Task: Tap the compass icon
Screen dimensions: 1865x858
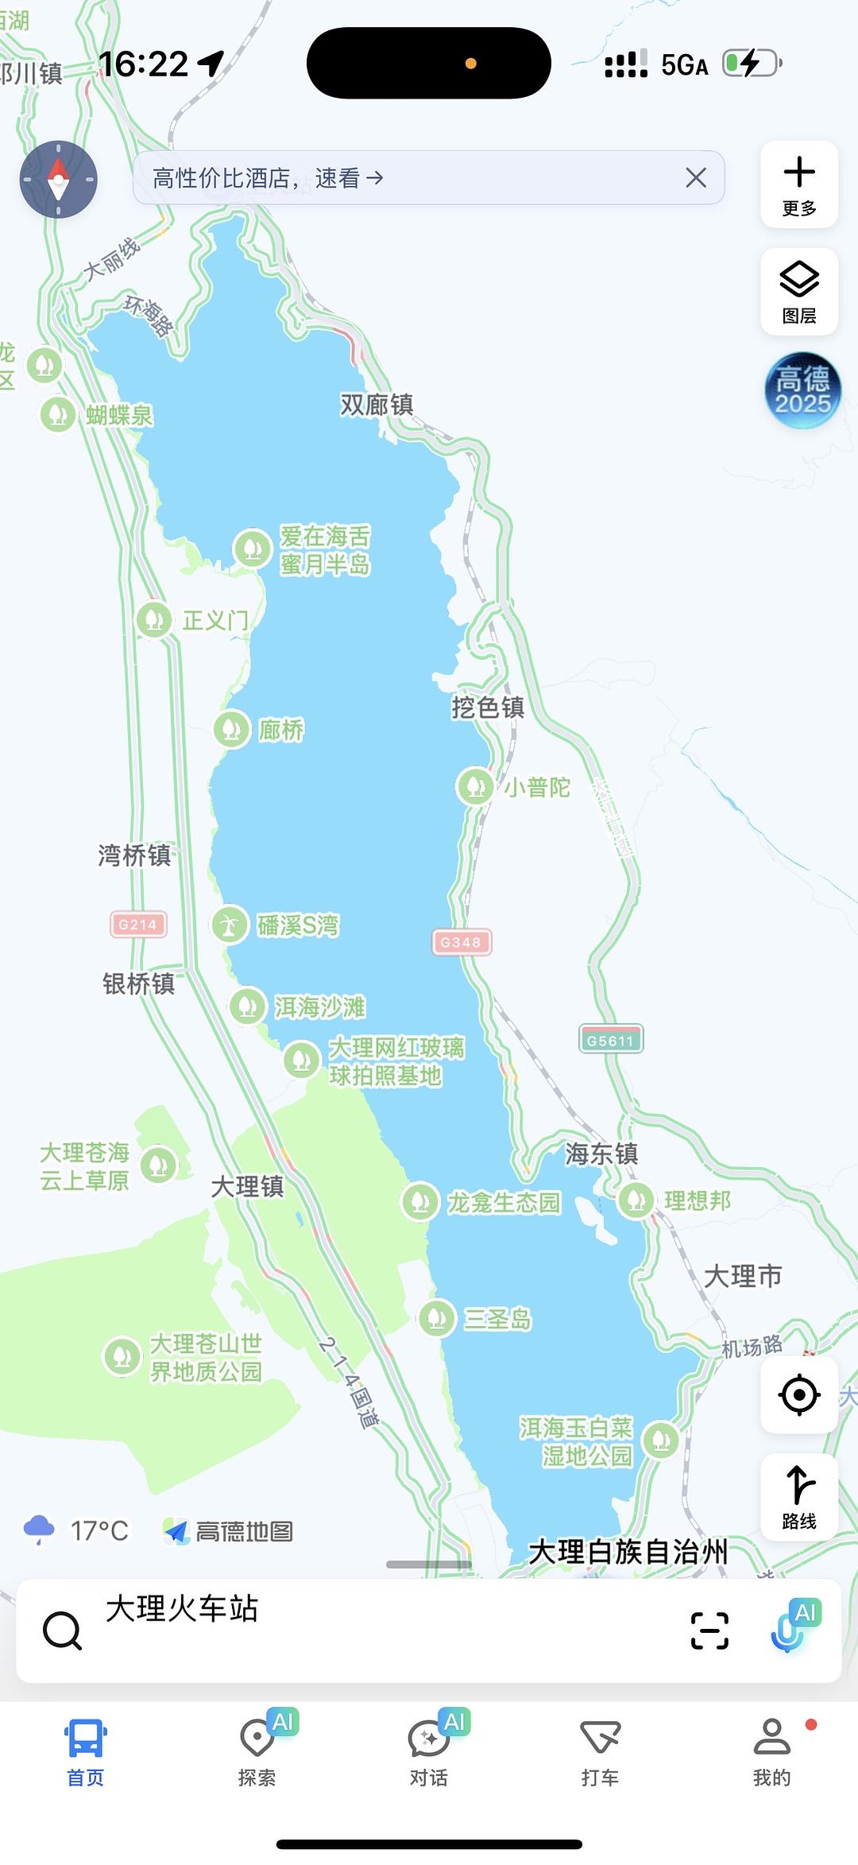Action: [58, 180]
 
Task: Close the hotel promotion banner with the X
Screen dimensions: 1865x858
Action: [695, 178]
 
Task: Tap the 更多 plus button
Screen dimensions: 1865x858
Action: [799, 184]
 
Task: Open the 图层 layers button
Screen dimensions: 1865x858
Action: [799, 292]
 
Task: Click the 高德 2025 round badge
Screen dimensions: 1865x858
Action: [802, 390]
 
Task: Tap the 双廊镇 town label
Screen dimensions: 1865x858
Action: [377, 405]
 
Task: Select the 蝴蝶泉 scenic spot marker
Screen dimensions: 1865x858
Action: [58, 414]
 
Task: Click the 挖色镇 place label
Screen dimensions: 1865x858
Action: [488, 707]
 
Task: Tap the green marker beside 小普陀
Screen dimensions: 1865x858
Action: [475, 786]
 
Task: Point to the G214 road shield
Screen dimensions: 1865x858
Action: [138, 924]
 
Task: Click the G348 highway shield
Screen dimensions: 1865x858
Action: [461, 942]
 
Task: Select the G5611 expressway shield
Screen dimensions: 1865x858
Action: [610, 1040]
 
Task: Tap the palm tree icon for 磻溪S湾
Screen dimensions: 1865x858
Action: [229, 925]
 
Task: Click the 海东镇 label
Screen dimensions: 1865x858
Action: [601, 1154]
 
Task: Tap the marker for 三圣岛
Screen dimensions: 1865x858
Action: [436, 1319]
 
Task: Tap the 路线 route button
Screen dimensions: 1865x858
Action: [799, 1498]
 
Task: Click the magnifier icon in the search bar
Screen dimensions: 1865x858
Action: [62, 1630]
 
